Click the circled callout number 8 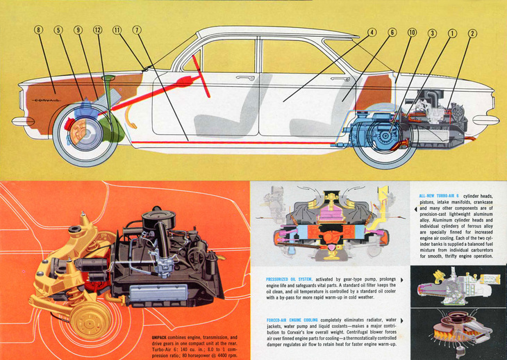(x=38, y=30)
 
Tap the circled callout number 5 (x=58, y=30)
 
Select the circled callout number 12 (x=97, y=30)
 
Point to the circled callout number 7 (x=137, y=30)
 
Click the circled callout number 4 (x=372, y=33)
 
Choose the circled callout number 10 (x=412, y=33)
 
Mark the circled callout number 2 (x=472, y=33)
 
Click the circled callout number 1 (x=452, y=33)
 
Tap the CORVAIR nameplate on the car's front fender (x=47, y=99)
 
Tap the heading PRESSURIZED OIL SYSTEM (x=291, y=280)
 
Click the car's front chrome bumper (x=22, y=120)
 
